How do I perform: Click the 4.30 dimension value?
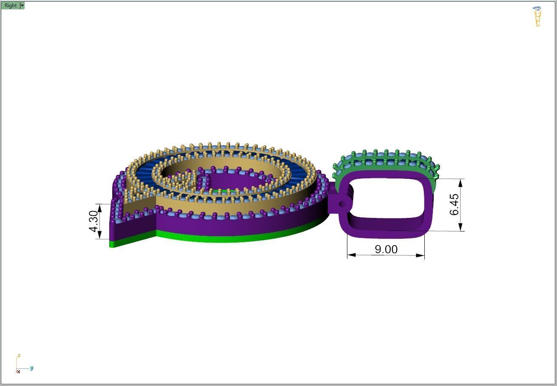point(94,221)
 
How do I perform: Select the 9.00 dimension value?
point(386,249)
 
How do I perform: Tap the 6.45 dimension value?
point(454,204)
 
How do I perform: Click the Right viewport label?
point(11,6)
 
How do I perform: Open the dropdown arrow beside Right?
point(22,6)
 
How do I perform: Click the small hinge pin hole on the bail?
point(342,204)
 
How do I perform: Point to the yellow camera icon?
point(537,17)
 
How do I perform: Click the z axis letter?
point(19,356)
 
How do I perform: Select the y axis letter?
point(31,368)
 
